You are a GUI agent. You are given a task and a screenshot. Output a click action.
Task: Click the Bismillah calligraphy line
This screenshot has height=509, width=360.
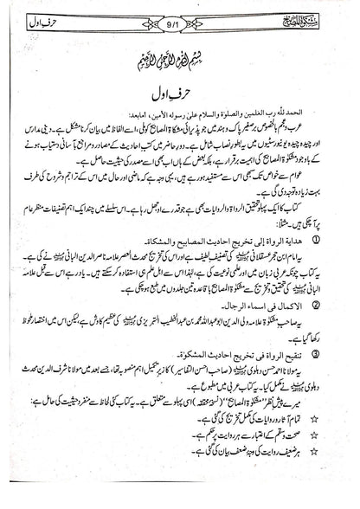[x=181, y=61]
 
